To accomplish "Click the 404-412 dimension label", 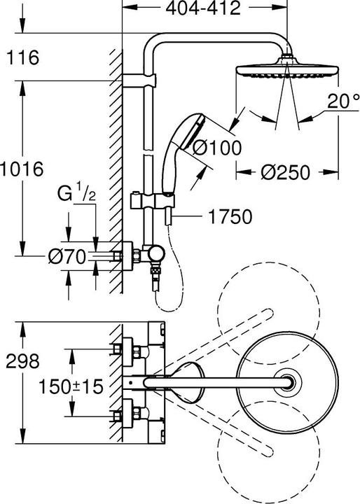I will (207, 9).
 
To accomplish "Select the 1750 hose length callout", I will (228, 218).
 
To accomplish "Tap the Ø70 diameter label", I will (67, 257).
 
